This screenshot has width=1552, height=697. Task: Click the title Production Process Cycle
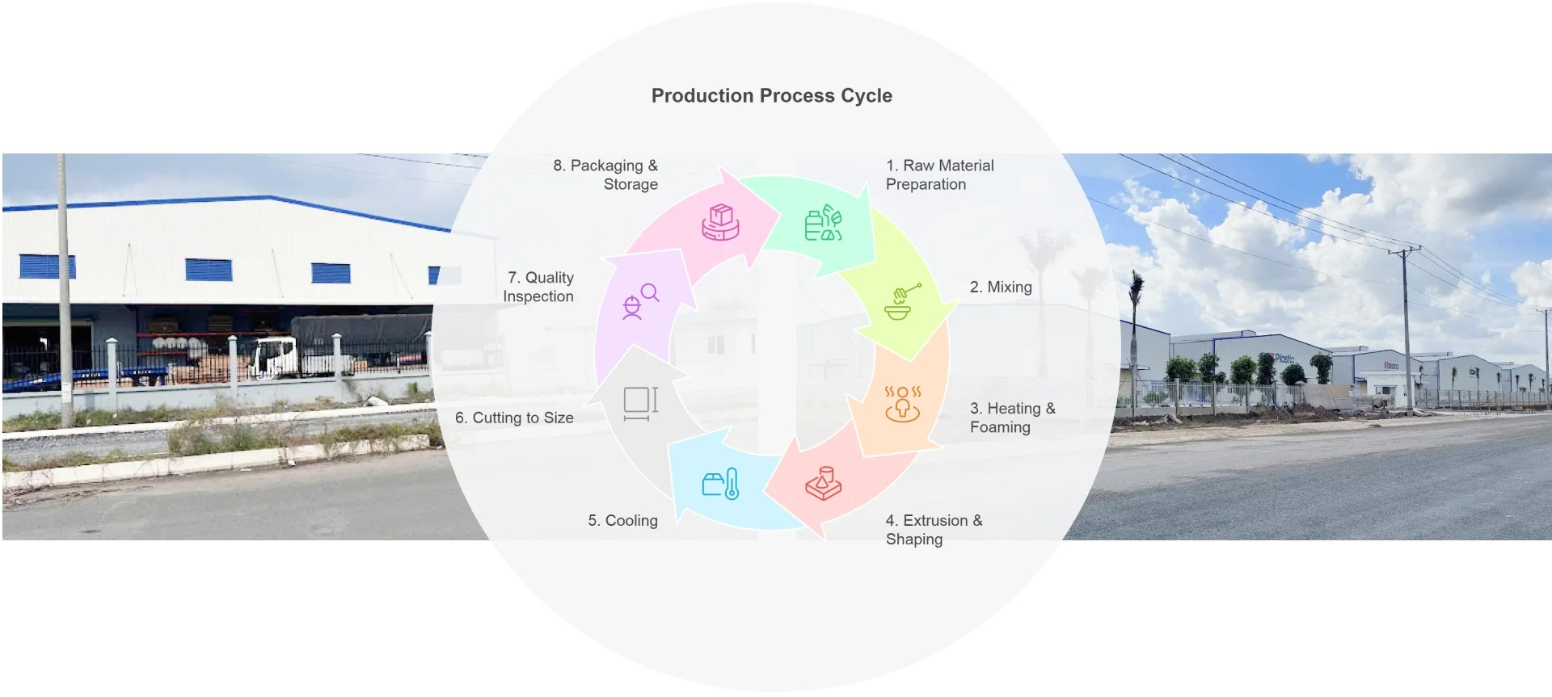771,96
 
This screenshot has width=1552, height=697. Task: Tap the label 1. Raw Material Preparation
939,175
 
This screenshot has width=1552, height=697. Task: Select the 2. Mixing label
1000,288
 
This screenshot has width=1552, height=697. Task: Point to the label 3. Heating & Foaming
1012,418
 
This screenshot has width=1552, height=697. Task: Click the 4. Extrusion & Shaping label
934,530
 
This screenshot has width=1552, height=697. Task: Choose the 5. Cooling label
622,521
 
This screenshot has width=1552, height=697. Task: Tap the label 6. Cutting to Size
514,418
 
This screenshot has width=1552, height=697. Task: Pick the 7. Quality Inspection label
539,287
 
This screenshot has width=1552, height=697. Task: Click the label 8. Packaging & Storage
605,175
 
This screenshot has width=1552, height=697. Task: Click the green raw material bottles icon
823,224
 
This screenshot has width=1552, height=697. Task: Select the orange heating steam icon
902,404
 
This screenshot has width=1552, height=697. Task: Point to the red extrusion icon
823,483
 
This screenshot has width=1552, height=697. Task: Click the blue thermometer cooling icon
720,484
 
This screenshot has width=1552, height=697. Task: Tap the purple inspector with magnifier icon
640,301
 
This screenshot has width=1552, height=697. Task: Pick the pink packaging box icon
720,222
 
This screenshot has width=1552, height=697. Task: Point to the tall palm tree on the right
1137,339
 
